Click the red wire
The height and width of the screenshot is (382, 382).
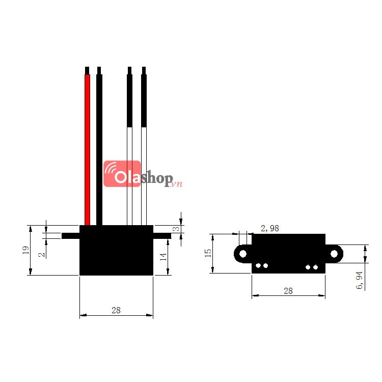click(x=87, y=150)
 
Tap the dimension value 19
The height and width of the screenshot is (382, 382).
click(x=25, y=250)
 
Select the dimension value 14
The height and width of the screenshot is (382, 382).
click(x=163, y=257)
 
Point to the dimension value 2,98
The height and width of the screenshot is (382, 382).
click(x=269, y=228)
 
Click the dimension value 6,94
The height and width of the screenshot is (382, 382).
click(x=360, y=280)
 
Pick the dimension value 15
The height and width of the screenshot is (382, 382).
click(x=208, y=253)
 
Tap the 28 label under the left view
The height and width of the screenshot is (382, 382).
click(x=116, y=310)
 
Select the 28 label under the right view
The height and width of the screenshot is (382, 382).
click(x=288, y=291)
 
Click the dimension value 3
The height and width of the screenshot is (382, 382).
click(x=176, y=229)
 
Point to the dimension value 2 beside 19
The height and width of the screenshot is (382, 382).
click(x=42, y=255)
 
